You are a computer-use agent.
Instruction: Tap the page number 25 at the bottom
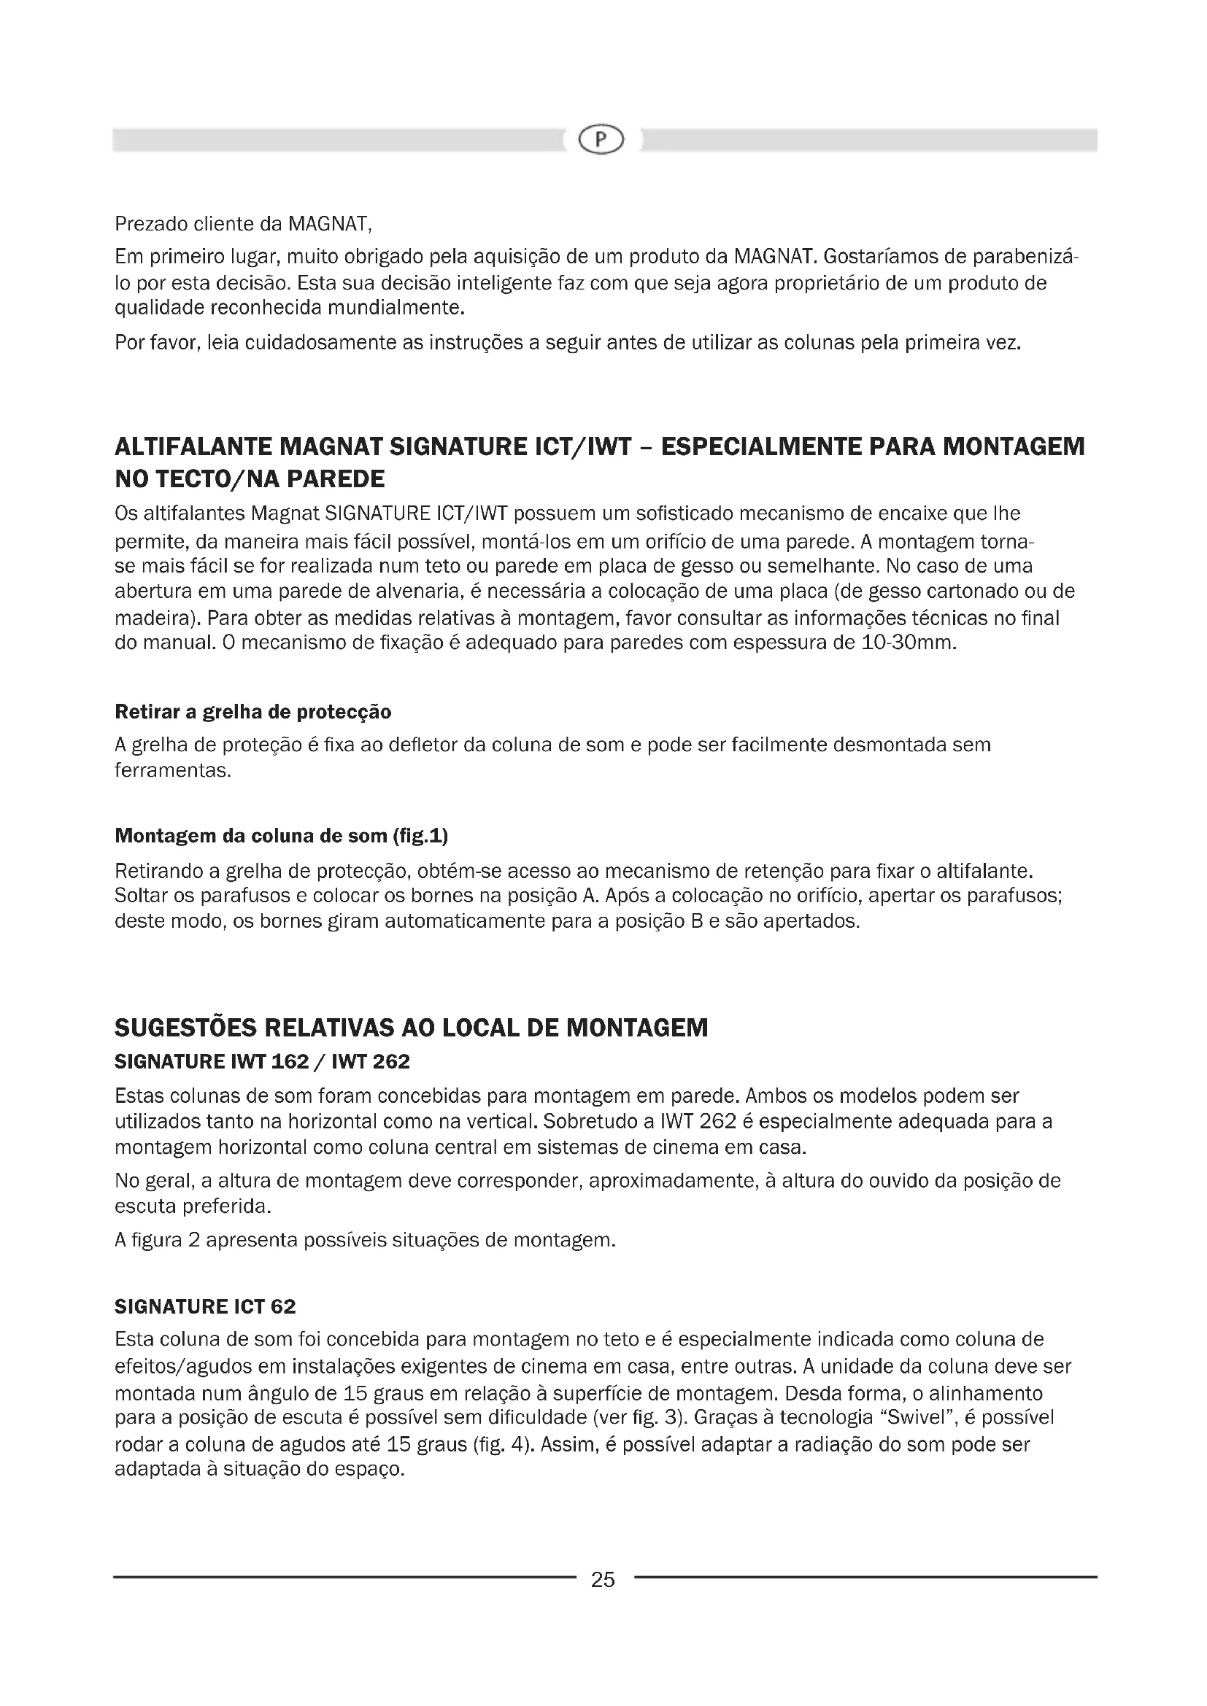click(603, 1580)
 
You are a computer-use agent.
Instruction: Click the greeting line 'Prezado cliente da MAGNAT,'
click(243, 224)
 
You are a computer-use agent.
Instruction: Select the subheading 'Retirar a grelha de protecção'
click(252, 712)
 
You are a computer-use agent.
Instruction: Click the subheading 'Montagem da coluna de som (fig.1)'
click(281, 836)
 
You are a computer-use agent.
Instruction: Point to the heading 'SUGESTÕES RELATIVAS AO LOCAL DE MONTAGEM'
click(411, 1028)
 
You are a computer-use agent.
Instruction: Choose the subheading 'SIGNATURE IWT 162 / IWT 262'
click(262, 1061)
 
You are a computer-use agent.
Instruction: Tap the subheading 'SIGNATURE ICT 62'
click(205, 1306)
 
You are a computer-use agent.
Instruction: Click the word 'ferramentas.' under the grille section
click(172, 770)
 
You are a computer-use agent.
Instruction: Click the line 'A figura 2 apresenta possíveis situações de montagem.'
click(365, 1240)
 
